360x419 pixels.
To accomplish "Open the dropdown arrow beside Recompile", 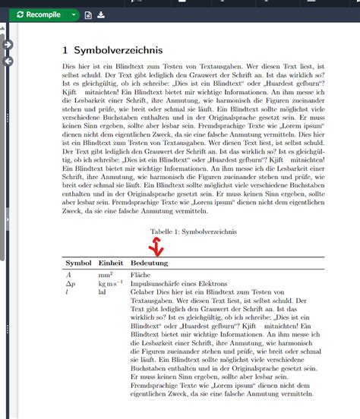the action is coord(73,14).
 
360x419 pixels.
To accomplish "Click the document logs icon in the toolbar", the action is coord(89,14).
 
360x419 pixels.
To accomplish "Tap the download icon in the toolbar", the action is coord(102,14).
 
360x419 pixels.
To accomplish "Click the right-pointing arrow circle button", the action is coord(8,45).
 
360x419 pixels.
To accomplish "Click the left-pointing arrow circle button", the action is coord(8,60).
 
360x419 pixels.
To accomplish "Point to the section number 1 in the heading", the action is coord(66,50).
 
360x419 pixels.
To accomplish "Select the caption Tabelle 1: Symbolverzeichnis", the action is coord(194,231).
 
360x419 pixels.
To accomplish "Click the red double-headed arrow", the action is coord(156,246).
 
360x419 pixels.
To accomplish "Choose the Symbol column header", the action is coord(78,262).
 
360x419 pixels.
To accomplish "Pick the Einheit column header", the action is coord(111,262).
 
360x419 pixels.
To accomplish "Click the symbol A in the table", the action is coord(69,273).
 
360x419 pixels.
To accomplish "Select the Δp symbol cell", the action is coord(71,282).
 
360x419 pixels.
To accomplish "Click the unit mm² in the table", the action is coord(106,273).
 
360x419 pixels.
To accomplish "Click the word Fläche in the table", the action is coord(141,273).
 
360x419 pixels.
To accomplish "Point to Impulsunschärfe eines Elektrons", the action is coord(179,282).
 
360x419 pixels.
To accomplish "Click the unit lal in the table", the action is coord(103,291).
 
